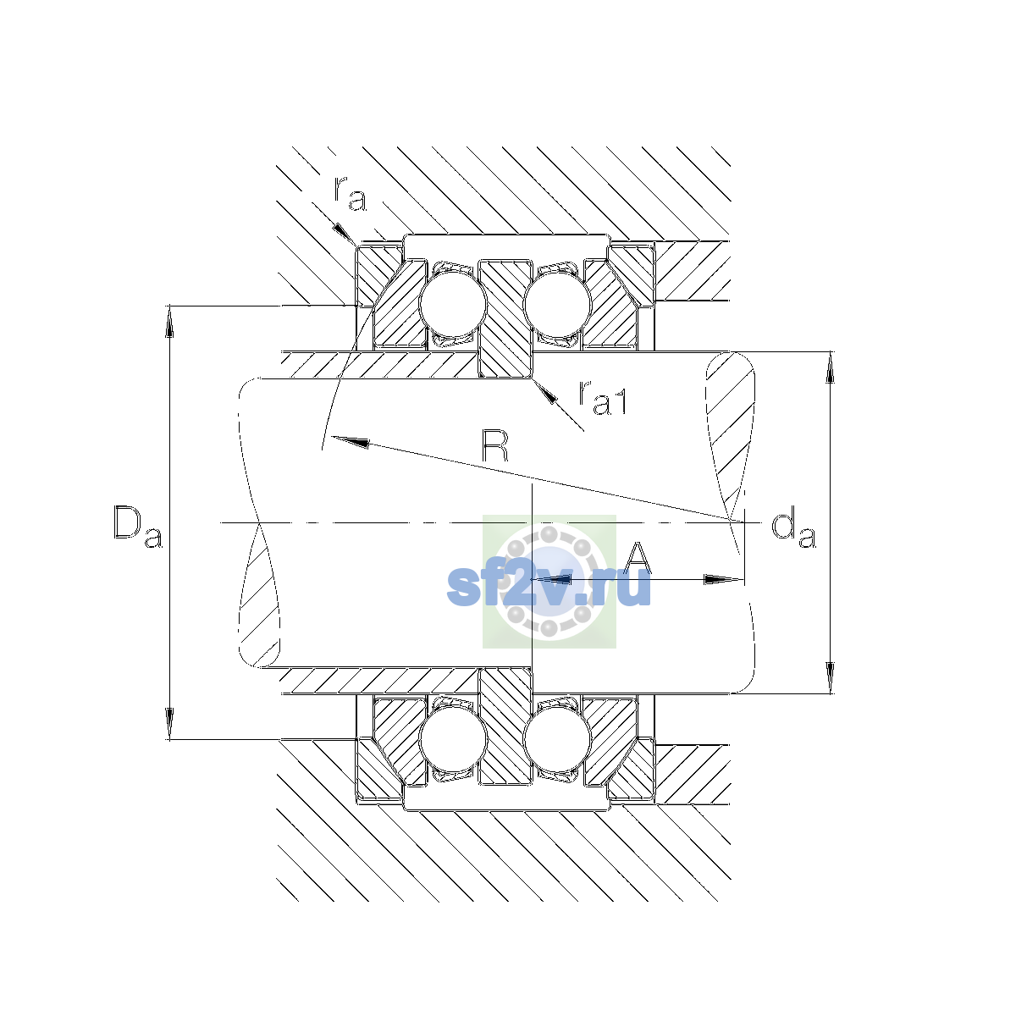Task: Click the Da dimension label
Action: pos(138,526)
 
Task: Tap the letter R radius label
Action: pos(495,446)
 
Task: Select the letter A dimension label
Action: pos(637,557)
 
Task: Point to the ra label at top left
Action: pos(350,194)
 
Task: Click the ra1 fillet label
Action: pos(602,398)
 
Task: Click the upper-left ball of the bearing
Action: pos(452,304)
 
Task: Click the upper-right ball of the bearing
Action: pos(557,304)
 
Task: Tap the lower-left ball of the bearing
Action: pos(452,739)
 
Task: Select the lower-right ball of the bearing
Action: pos(557,739)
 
